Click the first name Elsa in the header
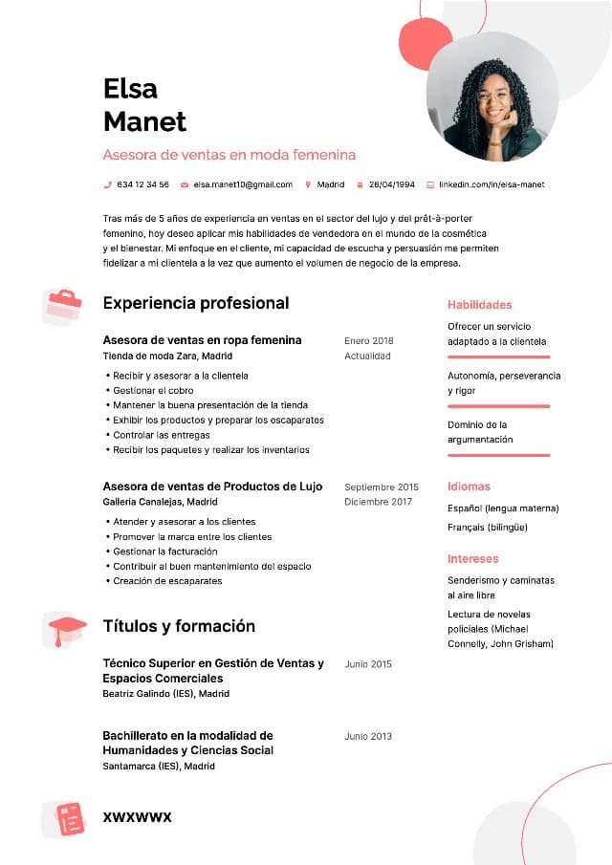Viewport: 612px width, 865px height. point(130,89)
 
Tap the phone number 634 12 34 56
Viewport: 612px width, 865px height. point(142,184)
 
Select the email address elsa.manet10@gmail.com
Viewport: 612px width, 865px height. point(243,184)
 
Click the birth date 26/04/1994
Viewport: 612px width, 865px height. point(392,184)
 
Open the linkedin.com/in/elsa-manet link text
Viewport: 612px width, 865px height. point(492,184)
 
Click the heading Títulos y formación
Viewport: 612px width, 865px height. point(179,626)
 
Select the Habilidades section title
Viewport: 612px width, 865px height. point(480,305)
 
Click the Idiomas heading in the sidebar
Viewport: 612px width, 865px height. point(469,487)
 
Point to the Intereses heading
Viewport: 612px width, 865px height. point(472,558)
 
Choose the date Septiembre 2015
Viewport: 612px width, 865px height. point(382,487)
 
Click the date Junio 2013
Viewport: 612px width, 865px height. point(368,736)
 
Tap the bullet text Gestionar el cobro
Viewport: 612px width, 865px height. point(153,390)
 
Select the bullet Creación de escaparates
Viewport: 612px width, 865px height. point(167,580)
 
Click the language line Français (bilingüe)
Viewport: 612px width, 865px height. point(488,527)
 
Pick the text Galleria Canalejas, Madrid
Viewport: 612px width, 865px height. point(160,502)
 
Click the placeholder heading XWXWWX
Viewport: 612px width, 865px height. point(137,817)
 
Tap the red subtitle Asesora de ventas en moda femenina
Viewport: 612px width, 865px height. point(229,154)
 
